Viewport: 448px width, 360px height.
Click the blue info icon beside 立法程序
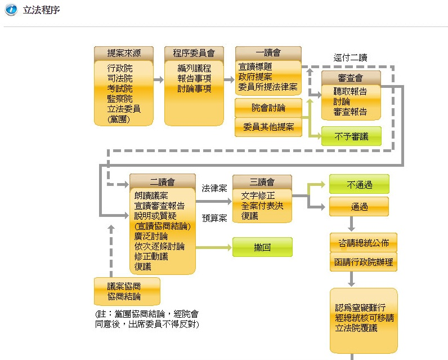tap(11, 10)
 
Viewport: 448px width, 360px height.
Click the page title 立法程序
tap(41, 11)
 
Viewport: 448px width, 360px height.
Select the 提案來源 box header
tap(124, 54)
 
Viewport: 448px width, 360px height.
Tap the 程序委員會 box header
tap(194, 54)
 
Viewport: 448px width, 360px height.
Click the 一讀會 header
tap(268, 53)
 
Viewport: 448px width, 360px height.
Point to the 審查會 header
tap(351, 78)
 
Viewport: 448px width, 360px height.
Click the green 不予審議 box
tap(351, 136)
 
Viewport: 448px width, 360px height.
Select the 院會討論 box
tap(268, 108)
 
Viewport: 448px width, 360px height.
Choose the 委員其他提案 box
tap(268, 127)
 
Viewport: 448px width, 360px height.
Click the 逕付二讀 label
tap(350, 57)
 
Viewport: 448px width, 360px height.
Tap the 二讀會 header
tap(162, 181)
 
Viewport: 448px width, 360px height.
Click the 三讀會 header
tap(262, 181)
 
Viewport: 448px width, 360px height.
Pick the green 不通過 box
tap(359, 184)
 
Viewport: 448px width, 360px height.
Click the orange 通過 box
tap(359, 207)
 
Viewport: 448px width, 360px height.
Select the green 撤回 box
tap(262, 247)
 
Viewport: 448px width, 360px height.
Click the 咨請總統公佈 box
tap(363, 243)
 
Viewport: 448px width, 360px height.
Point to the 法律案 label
tap(214, 188)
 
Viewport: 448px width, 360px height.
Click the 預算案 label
tap(214, 217)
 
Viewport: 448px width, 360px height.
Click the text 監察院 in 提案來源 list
tap(120, 99)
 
